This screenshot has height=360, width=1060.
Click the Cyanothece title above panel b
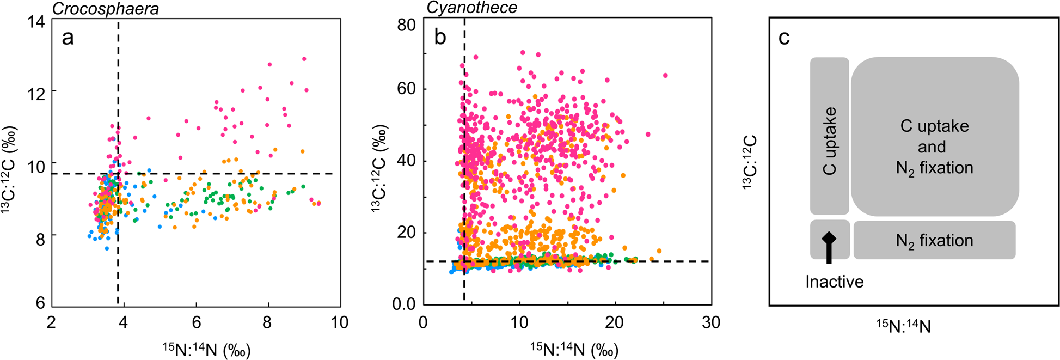[471, 8]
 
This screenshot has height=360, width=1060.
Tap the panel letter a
[68, 38]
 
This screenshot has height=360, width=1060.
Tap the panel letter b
[440, 38]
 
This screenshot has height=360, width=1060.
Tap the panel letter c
[784, 38]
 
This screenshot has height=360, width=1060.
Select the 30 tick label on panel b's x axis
[710, 322]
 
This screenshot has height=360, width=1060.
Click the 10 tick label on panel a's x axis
[339, 322]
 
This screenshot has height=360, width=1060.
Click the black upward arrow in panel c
[829, 247]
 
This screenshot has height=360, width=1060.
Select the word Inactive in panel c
[834, 282]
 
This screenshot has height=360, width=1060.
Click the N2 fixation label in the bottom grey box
[934, 240]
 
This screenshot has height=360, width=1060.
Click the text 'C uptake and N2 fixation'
[934, 147]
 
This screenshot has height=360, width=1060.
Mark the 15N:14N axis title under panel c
[903, 326]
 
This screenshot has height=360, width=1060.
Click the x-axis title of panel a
[206, 349]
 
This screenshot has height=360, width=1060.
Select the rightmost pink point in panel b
[665, 76]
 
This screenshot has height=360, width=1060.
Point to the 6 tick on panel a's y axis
[40, 303]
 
